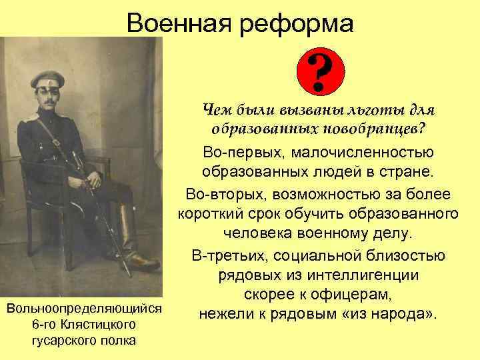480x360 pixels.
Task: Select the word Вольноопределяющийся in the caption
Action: tap(83, 309)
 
